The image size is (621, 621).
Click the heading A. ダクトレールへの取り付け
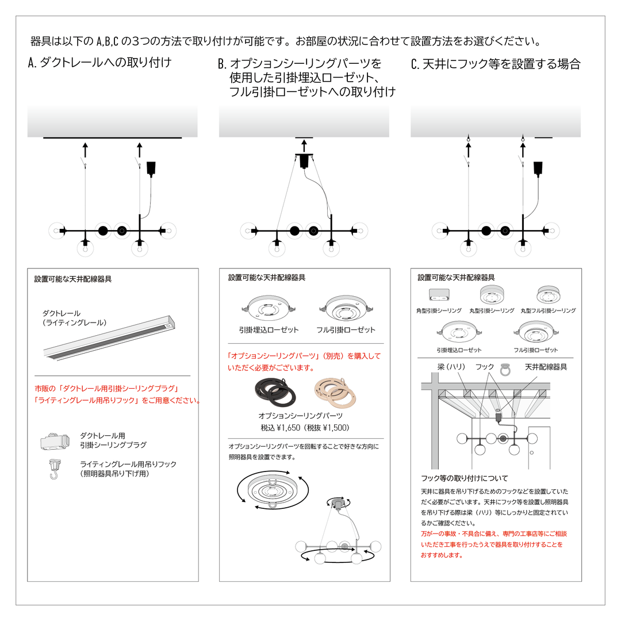(x=99, y=63)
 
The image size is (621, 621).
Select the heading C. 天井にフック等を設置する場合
(x=496, y=64)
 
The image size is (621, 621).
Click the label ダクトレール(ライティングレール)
(x=74, y=318)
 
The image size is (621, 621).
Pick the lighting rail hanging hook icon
(x=55, y=468)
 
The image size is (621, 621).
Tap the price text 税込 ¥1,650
(x=280, y=427)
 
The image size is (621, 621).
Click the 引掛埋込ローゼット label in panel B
(x=261, y=330)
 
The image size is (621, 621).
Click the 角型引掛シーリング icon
(x=439, y=296)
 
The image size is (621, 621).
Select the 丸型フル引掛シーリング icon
(x=547, y=294)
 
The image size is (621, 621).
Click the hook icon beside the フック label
(x=506, y=369)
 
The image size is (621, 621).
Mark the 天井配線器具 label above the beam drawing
(x=546, y=367)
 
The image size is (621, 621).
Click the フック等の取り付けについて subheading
(x=465, y=478)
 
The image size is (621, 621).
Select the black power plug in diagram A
(x=152, y=168)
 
